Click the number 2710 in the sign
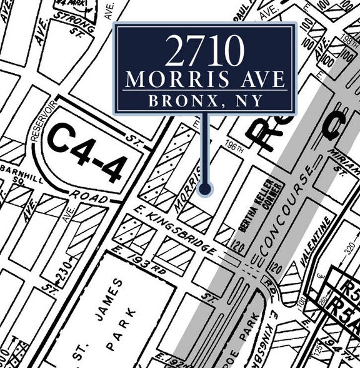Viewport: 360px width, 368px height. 203,51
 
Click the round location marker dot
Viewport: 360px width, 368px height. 206,188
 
